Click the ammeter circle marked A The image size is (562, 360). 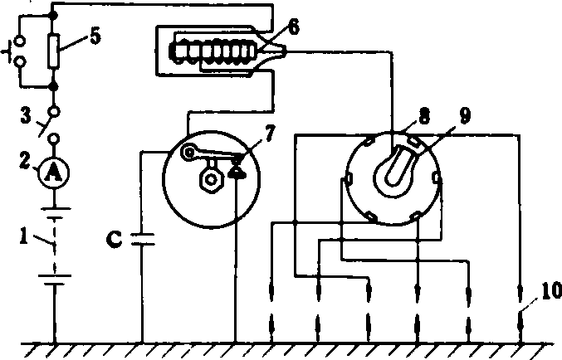pyautogui.click(x=54, y=173)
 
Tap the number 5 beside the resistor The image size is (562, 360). pyautogui.click(x=95, y=36)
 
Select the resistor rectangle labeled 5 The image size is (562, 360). pyautogui.click(x=53, y=51)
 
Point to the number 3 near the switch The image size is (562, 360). pyautogui.click(x=26, y=116)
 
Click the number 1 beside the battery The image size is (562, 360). pyautogui.click(x=23, y=236)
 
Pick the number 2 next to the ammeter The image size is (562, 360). pyautogui.click(x=26, y=161)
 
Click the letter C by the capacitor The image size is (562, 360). pyautogui.click(x=115, y=239)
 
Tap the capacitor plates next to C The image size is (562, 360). pyautogui.click(x=143, y=239)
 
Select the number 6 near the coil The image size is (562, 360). pyautogui.click(x=293, y=27)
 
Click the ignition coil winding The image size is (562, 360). pyautogui.click(x=213, y=51)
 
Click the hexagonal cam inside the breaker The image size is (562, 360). pyautogui.click(x=212, y=179)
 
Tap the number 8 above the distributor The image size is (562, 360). pyautogui.click(x=424, y=117)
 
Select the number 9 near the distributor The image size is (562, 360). pyautogui.click(x=465, y=116)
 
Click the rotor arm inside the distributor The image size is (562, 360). pyautogui.click(x=396, y=168)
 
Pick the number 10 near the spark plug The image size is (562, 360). pyautogui.click(x=550, y=290)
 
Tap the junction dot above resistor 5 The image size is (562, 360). pyautogui.click(x=53, y=16)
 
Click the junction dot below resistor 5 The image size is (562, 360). pyautogui.click(x=53, y=87)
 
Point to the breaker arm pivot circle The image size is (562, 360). pyautogui.click(x=188, y=153)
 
